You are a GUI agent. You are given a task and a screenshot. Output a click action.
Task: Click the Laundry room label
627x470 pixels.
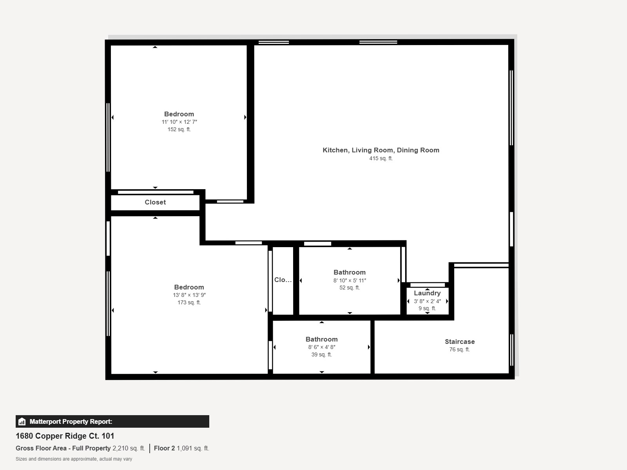427,293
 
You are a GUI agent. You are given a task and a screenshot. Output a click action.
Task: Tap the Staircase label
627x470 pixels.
460,342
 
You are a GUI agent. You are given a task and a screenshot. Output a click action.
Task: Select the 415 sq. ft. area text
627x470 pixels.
381,158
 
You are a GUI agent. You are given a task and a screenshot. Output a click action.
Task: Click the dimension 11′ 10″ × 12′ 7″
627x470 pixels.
179,122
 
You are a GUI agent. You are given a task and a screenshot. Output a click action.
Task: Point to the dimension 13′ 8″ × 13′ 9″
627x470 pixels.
189,295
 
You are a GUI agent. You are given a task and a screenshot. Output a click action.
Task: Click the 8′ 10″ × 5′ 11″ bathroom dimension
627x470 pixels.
350,280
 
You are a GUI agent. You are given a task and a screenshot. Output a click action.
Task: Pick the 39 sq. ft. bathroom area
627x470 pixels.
321,354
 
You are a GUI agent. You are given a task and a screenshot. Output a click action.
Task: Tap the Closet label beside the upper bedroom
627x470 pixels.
155,202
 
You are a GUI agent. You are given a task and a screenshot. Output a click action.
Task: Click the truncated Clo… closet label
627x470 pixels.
283,280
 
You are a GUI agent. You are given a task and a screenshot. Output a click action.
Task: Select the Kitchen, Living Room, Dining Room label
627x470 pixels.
381,150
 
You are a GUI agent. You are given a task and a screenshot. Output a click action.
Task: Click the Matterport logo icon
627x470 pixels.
22,421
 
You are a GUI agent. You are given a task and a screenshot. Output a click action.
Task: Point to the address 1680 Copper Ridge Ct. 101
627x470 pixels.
65,436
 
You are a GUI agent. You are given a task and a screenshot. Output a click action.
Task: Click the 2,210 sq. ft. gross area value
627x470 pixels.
129,448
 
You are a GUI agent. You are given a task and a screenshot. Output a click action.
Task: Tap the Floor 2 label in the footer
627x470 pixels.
164,448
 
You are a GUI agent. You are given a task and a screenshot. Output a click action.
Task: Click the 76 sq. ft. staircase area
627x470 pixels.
459,349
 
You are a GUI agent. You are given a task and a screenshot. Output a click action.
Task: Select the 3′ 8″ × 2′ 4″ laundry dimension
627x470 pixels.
427,301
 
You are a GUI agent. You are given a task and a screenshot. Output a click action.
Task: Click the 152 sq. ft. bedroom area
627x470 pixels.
179,129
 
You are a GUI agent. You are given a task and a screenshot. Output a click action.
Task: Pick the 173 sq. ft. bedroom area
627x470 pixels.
189,302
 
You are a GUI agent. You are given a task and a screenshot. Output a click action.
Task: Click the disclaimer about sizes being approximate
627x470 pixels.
74,459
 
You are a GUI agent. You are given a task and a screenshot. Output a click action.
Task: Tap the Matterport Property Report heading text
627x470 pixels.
71,421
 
